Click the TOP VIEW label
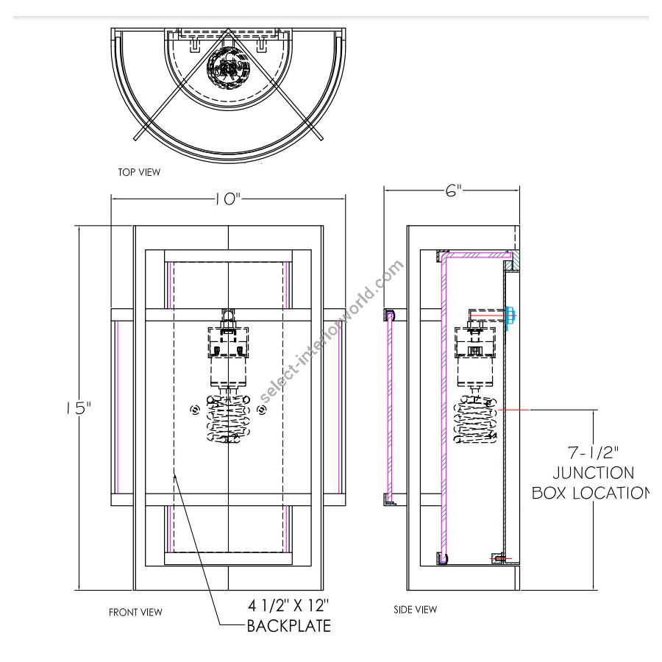(x=139, y=172)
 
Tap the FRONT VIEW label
(x=135, y=612)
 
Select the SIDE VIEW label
(x=415, y=609)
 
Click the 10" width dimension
(x=228, y=199)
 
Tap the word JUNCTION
(x=593, y=473)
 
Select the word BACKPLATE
(x=288, y=627)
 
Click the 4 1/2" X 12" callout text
(x=288, y=606)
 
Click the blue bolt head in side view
(x=510, y=314)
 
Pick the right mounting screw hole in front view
(x=261, y=410)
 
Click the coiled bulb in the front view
(x=229, y=421)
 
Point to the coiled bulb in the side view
(x=477, y=421)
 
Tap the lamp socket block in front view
(x=229, y=341)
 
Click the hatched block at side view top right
(x=512, y=259)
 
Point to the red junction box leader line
(x=515, y=408)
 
